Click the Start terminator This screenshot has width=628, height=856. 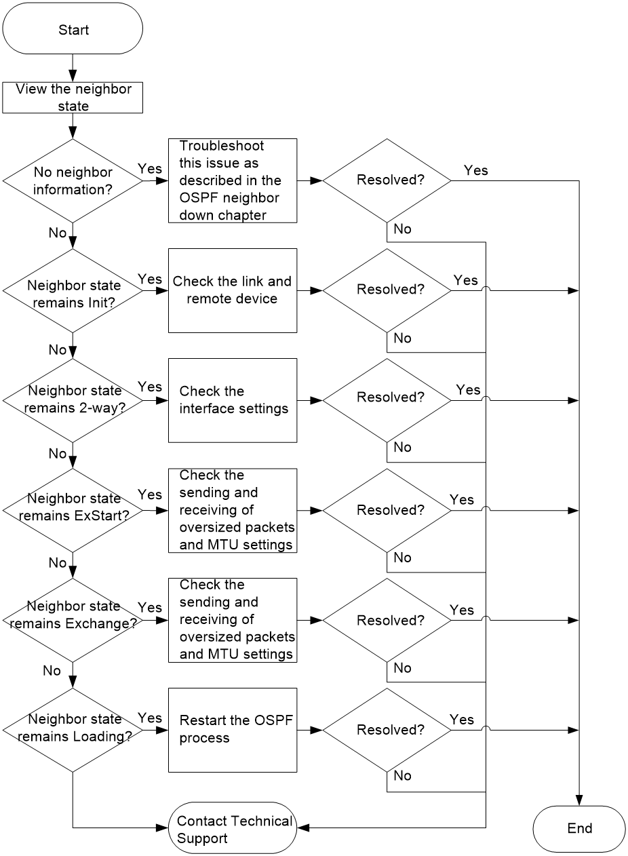click(73, 28)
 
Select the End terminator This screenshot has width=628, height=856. click(579, 828)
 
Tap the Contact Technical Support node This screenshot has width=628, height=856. click(233, 828)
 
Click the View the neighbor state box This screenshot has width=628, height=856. click(73, 98)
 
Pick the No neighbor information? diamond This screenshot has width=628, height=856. click(73, 180)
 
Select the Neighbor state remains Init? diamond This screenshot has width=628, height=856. click(73, 291)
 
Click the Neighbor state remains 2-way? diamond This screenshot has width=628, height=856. click(73, 400)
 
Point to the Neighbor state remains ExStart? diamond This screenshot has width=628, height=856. click(73, 511)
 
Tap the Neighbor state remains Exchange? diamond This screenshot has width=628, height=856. click(73, 620)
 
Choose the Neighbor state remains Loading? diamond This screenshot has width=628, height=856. click(73, 731)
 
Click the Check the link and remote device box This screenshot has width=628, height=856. click(233, 291)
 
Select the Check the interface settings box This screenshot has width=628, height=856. click(233, 400)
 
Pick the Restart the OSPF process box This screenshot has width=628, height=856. click(233, 731)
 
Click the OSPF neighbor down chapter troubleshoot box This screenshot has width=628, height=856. click(233, 180)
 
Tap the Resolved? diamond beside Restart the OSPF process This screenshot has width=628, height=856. click(387, 731)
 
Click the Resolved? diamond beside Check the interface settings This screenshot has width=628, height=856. click(387, 400)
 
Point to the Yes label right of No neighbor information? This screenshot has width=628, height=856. click(150, 168)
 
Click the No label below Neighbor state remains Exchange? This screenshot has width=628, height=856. click(52, 671)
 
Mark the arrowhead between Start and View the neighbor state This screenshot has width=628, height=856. click(73, 76)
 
